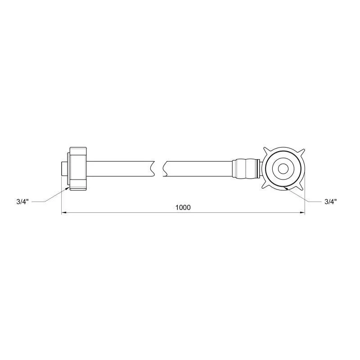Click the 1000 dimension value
pyautogui.click(x=183, y=207)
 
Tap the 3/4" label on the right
pyautogui.click(x=331, y=202)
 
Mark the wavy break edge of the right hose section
pyautogui.click(x=165, y=169)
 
